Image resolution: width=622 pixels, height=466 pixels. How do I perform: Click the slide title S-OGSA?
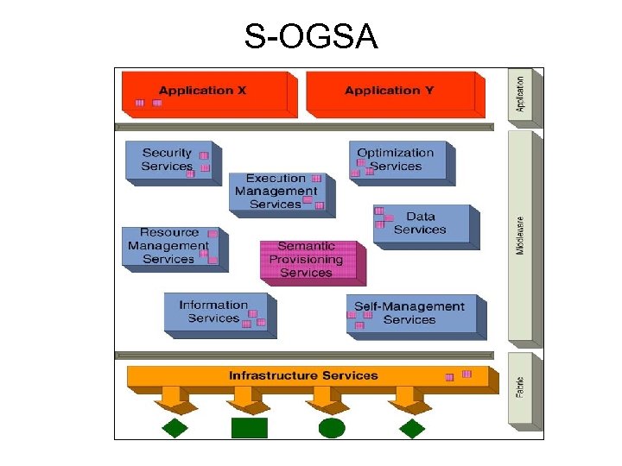(311, 37)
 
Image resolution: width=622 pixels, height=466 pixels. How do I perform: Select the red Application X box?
(204, 94)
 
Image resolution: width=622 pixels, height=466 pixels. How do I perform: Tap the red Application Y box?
(390, 94)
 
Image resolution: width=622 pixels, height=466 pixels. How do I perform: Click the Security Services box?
(168, 160)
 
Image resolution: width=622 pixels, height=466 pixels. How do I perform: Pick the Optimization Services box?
(398, 160)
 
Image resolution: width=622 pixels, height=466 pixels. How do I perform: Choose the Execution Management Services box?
(276, 192)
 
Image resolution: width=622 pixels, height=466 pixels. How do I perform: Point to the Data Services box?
(422, 224)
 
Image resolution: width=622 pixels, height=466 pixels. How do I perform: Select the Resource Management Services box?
(169, 246)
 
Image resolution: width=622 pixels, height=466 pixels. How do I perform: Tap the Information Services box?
(216, 312)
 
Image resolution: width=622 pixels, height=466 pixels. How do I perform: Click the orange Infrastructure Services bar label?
(303, 376)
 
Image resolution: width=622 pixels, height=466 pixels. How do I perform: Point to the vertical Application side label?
(520, 95)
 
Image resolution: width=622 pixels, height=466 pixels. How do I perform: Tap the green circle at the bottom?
(332, 427)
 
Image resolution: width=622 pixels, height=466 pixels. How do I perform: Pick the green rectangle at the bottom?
(250, 427)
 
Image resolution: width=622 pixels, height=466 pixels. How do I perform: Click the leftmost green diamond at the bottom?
(175, 427)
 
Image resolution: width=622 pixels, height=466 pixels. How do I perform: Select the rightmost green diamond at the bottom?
(411, 427)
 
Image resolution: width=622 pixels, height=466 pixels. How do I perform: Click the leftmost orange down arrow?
(172, 400)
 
